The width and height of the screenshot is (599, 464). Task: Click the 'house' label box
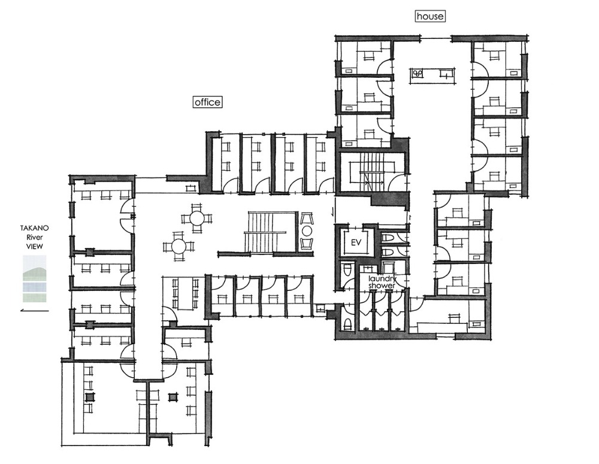(429, 16)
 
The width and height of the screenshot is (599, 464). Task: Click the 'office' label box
(207, 102)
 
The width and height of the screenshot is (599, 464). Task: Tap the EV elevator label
(356, 243)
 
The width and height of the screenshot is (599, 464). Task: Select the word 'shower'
(382, 286)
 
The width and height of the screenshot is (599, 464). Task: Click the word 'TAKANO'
(34, 228)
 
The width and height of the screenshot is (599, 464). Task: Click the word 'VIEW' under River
(34, 246)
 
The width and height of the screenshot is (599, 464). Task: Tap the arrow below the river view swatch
(34, 310)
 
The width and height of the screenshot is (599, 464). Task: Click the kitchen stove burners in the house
(417, 72)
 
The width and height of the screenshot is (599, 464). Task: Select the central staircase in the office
(267, 232)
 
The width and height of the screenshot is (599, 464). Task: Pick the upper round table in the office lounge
(196, 219)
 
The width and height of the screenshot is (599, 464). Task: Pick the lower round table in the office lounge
(179, 246)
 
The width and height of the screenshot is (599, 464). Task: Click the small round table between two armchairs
(307, 231)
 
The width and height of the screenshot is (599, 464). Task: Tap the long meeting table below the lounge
(185, 294)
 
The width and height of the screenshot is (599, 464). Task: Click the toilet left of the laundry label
(347, 270)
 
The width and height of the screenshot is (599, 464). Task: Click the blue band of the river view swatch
(34, 286)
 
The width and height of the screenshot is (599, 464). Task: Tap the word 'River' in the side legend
(34, 237)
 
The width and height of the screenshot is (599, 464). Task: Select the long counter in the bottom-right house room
(442, 327)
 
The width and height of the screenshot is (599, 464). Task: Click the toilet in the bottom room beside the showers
(347, 324)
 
